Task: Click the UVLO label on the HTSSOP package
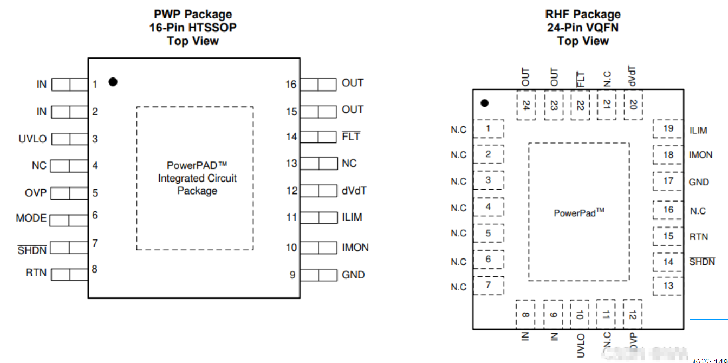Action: [32, 139]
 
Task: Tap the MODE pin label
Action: [31, 218]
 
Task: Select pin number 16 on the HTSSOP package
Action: [291, 85]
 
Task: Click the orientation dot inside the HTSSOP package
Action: [113, 82]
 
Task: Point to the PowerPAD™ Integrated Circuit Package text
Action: [197, 178]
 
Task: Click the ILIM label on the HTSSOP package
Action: [352, 217]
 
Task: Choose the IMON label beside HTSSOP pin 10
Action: [355, 248]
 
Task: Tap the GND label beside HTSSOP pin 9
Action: [353, 275]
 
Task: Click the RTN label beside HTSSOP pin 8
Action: [36, 273]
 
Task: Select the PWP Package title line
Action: [193, 15]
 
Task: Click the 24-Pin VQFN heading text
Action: [583, 28]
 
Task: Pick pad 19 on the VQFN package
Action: [668, 129]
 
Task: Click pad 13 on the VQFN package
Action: [668, 286]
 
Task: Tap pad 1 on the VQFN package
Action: [489, 129]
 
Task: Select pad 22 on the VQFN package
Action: [580, 105]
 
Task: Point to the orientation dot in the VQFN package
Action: [485, 103]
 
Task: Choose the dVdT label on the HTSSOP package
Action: [354, 191]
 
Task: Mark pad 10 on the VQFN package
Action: [580, 315]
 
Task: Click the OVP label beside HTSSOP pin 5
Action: [36, 193]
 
